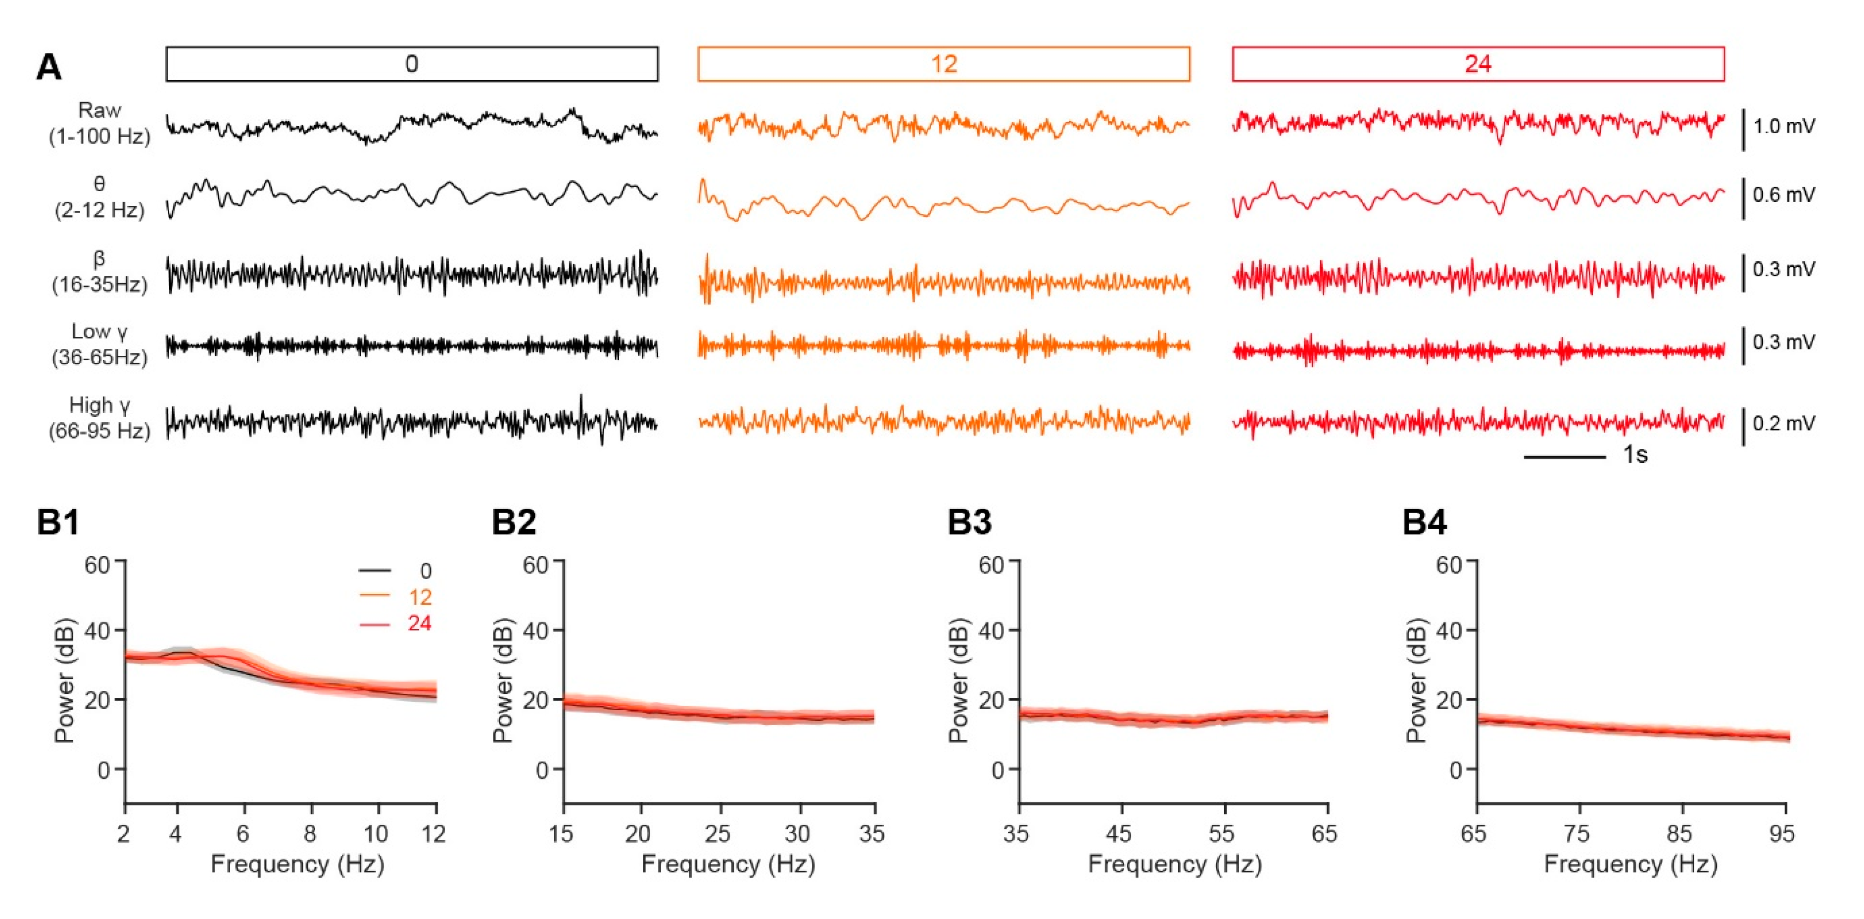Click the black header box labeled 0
(412, 64)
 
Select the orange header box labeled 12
(944, 64)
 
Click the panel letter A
(48, 68)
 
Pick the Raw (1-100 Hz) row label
(99, 124)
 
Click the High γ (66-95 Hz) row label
(99, 418)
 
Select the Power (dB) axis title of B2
(504, 680)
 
